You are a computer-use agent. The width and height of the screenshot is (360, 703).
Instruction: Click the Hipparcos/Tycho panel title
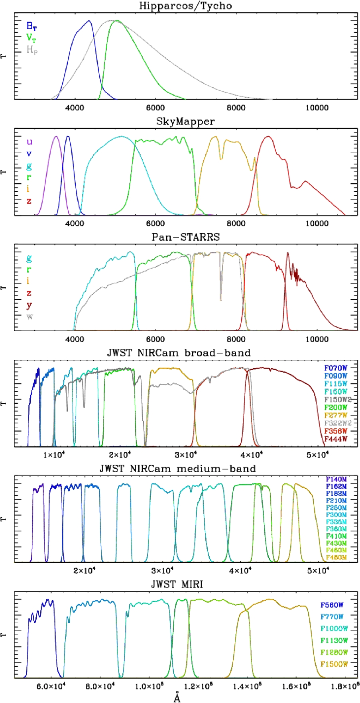pyautogui.click(x=185, y=6)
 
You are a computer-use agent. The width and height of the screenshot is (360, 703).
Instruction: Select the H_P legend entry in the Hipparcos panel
pyautogui.click(x=32, y=50)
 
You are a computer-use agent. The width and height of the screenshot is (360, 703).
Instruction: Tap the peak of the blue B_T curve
pyautogui.click(x=89, y=21)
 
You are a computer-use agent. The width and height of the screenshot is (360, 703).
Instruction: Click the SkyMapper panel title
pyautogui.click(x=185, y=121)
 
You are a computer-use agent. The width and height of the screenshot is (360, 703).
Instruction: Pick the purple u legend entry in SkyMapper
pyautogui.click(x=29, y=142)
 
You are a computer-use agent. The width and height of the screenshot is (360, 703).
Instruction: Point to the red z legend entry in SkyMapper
pyautogui.click(x=29, y=201)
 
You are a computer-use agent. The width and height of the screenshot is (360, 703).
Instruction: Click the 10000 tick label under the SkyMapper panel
pyautogui.click(x=317, y=224)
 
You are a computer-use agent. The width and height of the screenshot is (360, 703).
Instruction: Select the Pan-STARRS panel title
pyautogui.click(x=185, y=237)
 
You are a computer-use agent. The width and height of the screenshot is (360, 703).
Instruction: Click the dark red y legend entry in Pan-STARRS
pyautogui.click(x=29, y=306)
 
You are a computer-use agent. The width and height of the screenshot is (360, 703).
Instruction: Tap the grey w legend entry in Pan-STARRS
pyautogui.click(x=30, y=317)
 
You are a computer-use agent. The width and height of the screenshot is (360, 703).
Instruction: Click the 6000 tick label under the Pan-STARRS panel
pyautogui.click(x=155, y=339)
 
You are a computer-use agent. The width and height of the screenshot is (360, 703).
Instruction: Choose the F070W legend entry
pyautogui.click(x=336, y=368)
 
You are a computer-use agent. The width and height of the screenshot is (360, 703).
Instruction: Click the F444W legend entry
pyautogui.click(x=336, y=439)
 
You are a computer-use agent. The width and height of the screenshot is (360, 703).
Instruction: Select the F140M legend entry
pyautogui.click(x=336, y=479)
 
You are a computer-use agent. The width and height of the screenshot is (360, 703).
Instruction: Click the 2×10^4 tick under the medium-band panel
pyautogui.click(x=85, y=570)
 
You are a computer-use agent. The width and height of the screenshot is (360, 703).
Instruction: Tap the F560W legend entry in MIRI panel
pyautogui.click(x=332, y=605)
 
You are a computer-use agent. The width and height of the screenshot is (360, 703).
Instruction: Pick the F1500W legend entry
pyautogui.click(x=334, y=664)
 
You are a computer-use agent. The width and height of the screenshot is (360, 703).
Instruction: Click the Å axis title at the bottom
pyautogui.click(x=177, y=697)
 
